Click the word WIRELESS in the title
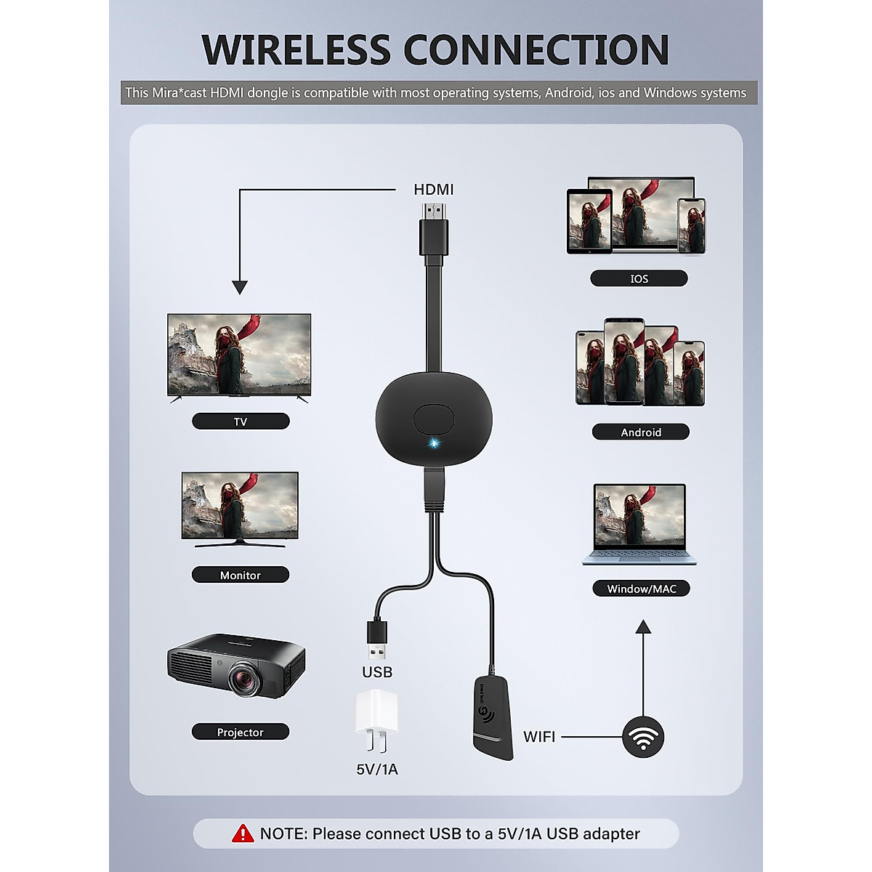(x=297, y=49)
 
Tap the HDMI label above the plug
(x=434, y=190)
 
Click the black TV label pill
(x=241, y=421)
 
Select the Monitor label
(x=241, y=575)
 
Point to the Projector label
(x=241, y=732)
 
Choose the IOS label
(x=639, y=278)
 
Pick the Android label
(x=640, y=432)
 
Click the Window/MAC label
(x=642, y=589)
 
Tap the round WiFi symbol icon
(x=642, y=737)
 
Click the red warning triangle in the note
(x=243, y=833)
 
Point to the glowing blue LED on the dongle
(x=434, y=443)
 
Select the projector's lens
(x=245, y=680)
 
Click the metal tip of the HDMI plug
(x=434, y=210)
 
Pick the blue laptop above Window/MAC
(x=639, y=524)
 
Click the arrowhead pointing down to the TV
(x=240, y=287)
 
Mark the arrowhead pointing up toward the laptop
(x=643, y=626)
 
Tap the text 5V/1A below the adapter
(x=377, y=769)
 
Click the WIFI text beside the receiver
(x=539, y=737)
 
